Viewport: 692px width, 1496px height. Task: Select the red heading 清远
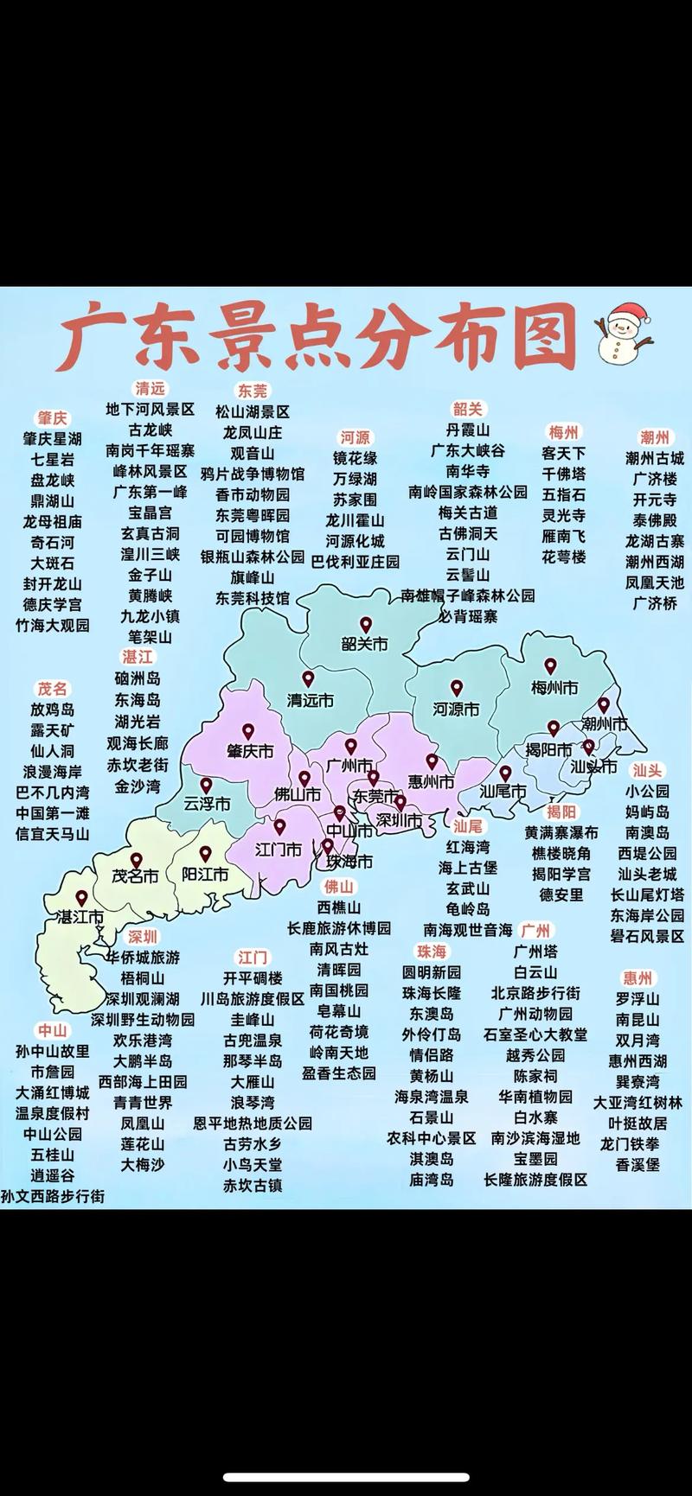pos(150,388)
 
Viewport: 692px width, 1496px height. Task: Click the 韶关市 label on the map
pos(364,644)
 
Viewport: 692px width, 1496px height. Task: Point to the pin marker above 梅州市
pos(550,666)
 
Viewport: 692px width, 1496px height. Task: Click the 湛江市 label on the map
pos(80,917)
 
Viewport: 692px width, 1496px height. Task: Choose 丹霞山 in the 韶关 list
pos(468,430)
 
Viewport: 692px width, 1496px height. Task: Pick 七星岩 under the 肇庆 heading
pos(53,459)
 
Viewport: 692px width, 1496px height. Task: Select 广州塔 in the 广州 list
pos(535,951)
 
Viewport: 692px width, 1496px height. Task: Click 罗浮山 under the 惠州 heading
pos(638,998)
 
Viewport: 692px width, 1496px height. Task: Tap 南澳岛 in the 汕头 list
pos(648,832)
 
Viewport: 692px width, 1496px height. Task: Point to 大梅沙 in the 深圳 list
pos(142,1164)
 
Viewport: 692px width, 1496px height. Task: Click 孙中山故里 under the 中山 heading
pos(53,1051)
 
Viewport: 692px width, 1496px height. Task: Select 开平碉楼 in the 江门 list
pos(253,977)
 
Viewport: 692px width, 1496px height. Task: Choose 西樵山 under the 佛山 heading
pos(338,907)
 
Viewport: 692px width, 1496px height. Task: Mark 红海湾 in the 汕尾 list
pos(468,847)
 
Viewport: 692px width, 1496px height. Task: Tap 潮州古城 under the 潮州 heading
pos(655,457)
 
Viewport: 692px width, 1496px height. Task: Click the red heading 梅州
pos(563,431)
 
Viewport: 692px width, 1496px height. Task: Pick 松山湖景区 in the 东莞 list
pos(253,411)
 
